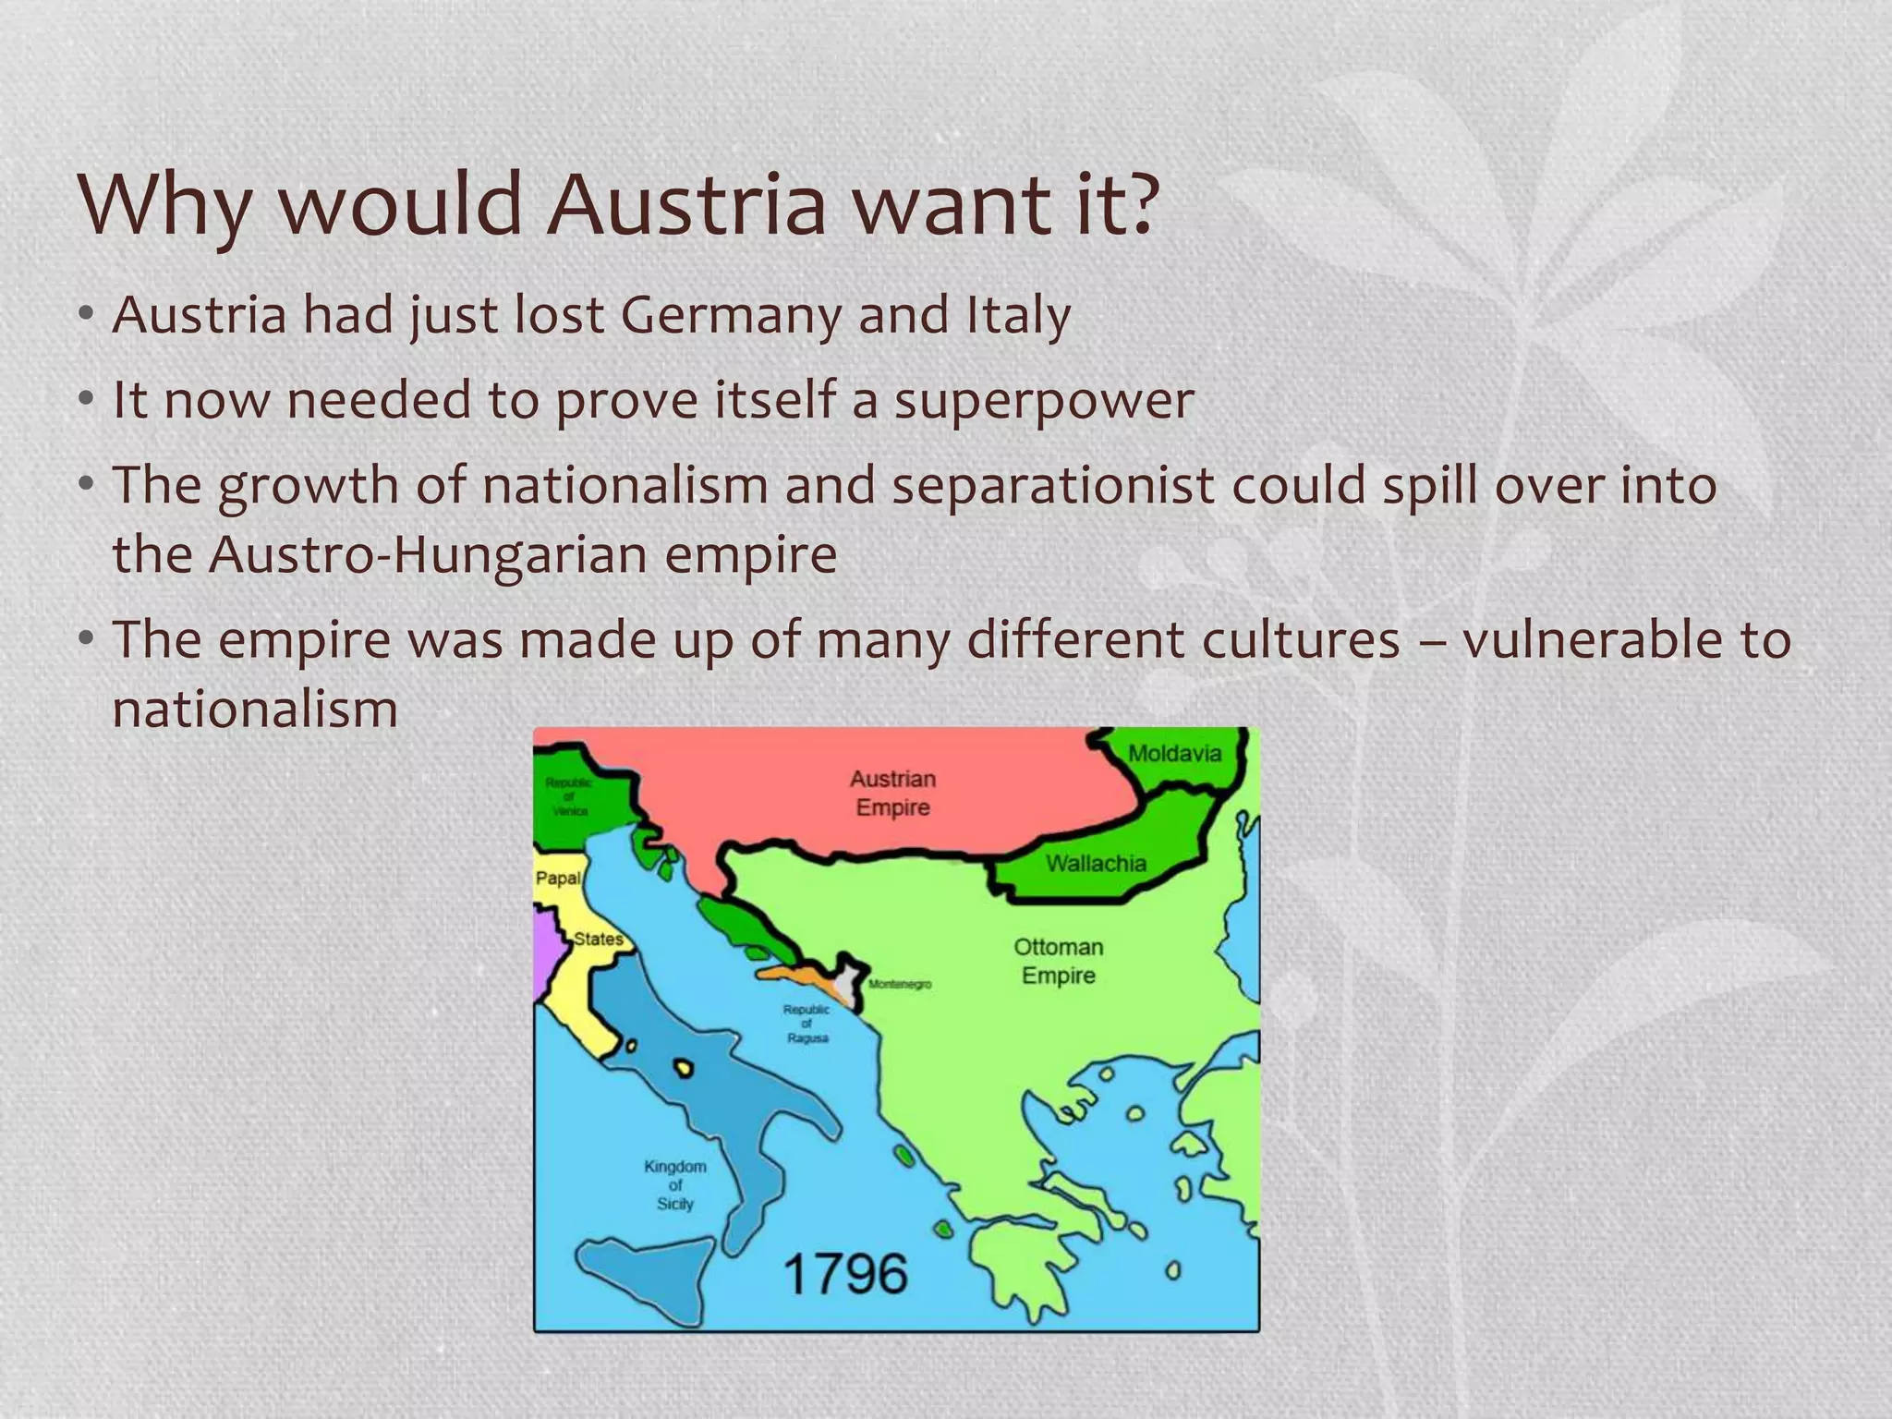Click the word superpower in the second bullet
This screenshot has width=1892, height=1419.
pyautogui.click(x=1043, y=401)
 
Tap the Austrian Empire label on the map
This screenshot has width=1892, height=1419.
pyautogui.click(x=892, y=793)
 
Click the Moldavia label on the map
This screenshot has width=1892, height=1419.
pyautogui.click(x=1174, y=753)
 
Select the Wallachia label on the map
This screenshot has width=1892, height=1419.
pyautogui.click(x=1096, y=864)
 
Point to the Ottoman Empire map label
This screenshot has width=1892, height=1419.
pyautogui.click(x=1059, y=961)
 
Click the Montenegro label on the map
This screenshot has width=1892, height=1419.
pyautogui.click(x=899, y=985)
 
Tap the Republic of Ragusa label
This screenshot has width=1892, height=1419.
pyautogui.click(x=807, y=1024)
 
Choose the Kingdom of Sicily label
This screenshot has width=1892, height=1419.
pyautogui.click(x=675, y=1184)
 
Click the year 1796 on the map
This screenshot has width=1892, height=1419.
pyautogui.click(x=845, y=1274)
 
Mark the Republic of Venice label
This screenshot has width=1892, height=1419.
pyautogui.click(x=569, y=796)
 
